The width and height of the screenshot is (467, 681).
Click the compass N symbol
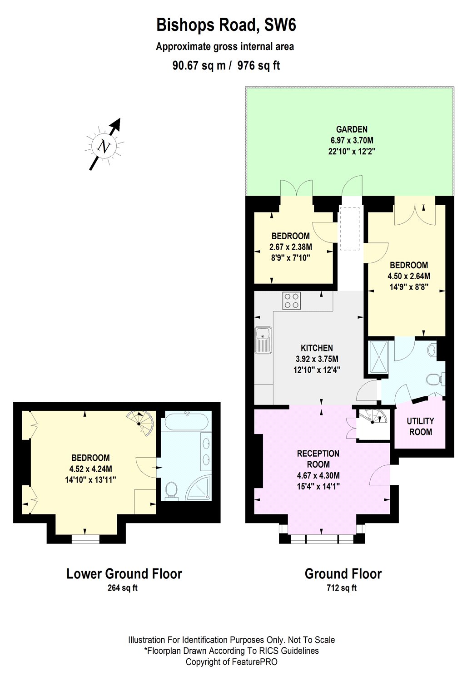[x=105, y=146]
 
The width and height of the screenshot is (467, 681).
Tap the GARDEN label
[x=352, y=129]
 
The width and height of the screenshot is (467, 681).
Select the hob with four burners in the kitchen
[x=292, y=301]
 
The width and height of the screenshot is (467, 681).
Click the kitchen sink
[x=263, y=340]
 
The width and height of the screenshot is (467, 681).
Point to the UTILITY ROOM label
[x=420, y=426]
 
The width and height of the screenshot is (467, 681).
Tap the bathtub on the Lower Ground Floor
[x=186, y=422]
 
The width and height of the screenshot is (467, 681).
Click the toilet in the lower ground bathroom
[x=171, y=490]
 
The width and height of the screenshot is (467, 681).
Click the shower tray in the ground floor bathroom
[x=379, y=356]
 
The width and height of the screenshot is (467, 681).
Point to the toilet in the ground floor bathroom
[x=433, y=379]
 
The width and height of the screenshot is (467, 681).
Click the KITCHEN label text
[x=317, y=348]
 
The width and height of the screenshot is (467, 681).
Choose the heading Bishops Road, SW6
[x=226, y=25]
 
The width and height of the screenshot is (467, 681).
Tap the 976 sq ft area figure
[x=259, y=66]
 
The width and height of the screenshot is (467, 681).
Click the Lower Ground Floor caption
[x=124, y=574]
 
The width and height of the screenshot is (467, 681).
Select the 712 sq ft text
[x=342, y=588]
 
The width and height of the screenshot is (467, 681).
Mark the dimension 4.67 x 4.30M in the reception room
[x=318, y=476]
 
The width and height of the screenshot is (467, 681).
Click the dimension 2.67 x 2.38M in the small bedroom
[x=291, y=247]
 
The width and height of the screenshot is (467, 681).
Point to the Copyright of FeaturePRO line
[x=231, y=662]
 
